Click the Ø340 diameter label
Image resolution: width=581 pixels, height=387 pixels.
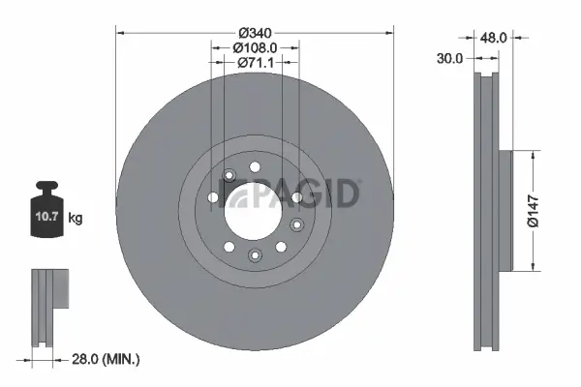coord(255,32)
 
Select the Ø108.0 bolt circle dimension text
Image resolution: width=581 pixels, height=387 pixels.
coord(255,46)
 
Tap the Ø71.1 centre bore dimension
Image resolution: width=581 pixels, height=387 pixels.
coord(255,62)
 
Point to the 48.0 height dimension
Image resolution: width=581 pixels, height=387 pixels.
coord(495,39)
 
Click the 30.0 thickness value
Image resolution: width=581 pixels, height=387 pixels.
coord(447,58)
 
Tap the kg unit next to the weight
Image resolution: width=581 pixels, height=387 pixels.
coord(76,219)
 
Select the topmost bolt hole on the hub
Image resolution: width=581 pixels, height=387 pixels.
coord(255,167)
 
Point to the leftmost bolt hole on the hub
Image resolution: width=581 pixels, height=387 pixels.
coord(213,197)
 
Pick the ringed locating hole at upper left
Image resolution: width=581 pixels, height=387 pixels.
coord(229,175)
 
